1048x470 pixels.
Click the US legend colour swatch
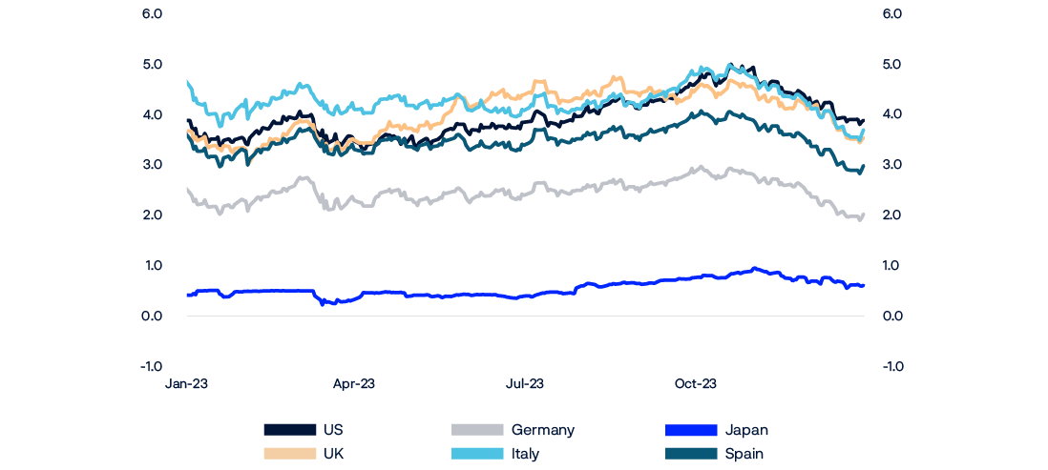(289, 430)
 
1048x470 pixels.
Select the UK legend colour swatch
(289, 454)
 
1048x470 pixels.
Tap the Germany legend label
(542, 430)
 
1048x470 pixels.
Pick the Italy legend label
(525, 454)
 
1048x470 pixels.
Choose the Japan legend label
(745, 430)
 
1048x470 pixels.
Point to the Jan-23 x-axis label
(187, 384)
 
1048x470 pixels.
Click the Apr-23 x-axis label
(353, 384)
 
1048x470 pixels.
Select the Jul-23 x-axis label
(524, 384)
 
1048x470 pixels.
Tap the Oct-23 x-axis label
(695, 384)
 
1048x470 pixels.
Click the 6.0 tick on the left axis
(153, 14)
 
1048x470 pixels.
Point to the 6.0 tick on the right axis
(892, 14)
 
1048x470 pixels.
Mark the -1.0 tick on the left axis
(152, 366)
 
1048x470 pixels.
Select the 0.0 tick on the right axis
(892, 316)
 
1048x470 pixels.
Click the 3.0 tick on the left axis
(153, 165)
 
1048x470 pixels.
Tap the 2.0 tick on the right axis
(892, 215)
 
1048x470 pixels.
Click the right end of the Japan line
(864, 285)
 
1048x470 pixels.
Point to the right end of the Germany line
(864, 215)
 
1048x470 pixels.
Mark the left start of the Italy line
(187, 81)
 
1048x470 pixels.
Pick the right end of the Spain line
(864, 166)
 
